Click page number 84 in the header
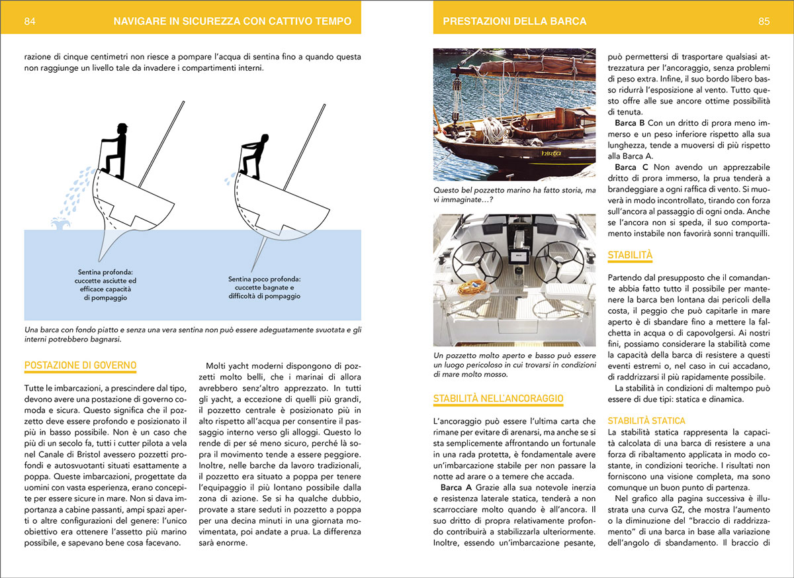(x=29, y=21)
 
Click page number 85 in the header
(x=764, y=21)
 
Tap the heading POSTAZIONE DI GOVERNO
(x=79, y=365)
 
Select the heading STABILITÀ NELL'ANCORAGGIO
(x=498, y=399)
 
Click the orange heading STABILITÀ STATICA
(x=646, y=420)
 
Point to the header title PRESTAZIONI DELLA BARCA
(x=509, y=21)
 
